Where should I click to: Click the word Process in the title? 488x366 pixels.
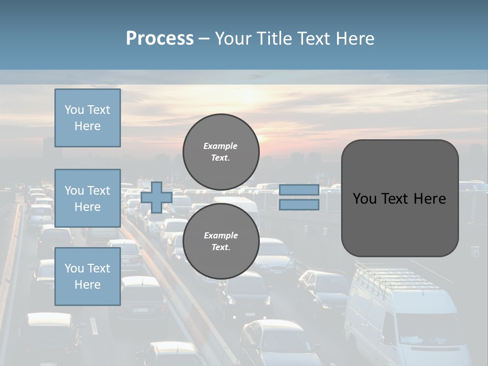point(160,39)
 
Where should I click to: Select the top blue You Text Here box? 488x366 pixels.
point(87,118)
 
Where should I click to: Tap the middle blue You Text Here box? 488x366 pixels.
point(87,198)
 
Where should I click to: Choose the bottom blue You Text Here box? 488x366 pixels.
point(87,277)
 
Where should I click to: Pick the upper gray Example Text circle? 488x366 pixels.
point(221,152)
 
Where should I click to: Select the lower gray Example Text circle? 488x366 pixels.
point(221,241)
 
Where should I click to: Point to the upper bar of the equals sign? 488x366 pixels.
point(299,190)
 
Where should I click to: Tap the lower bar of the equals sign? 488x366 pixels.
point(299,205)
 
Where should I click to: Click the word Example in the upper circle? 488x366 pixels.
point(221,146)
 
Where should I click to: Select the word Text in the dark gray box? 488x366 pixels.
point(396,198)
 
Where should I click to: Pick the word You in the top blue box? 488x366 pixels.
point(74,110)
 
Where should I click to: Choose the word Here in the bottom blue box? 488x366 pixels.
point(87,285)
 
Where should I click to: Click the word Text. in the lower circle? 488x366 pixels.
point(221,248)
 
